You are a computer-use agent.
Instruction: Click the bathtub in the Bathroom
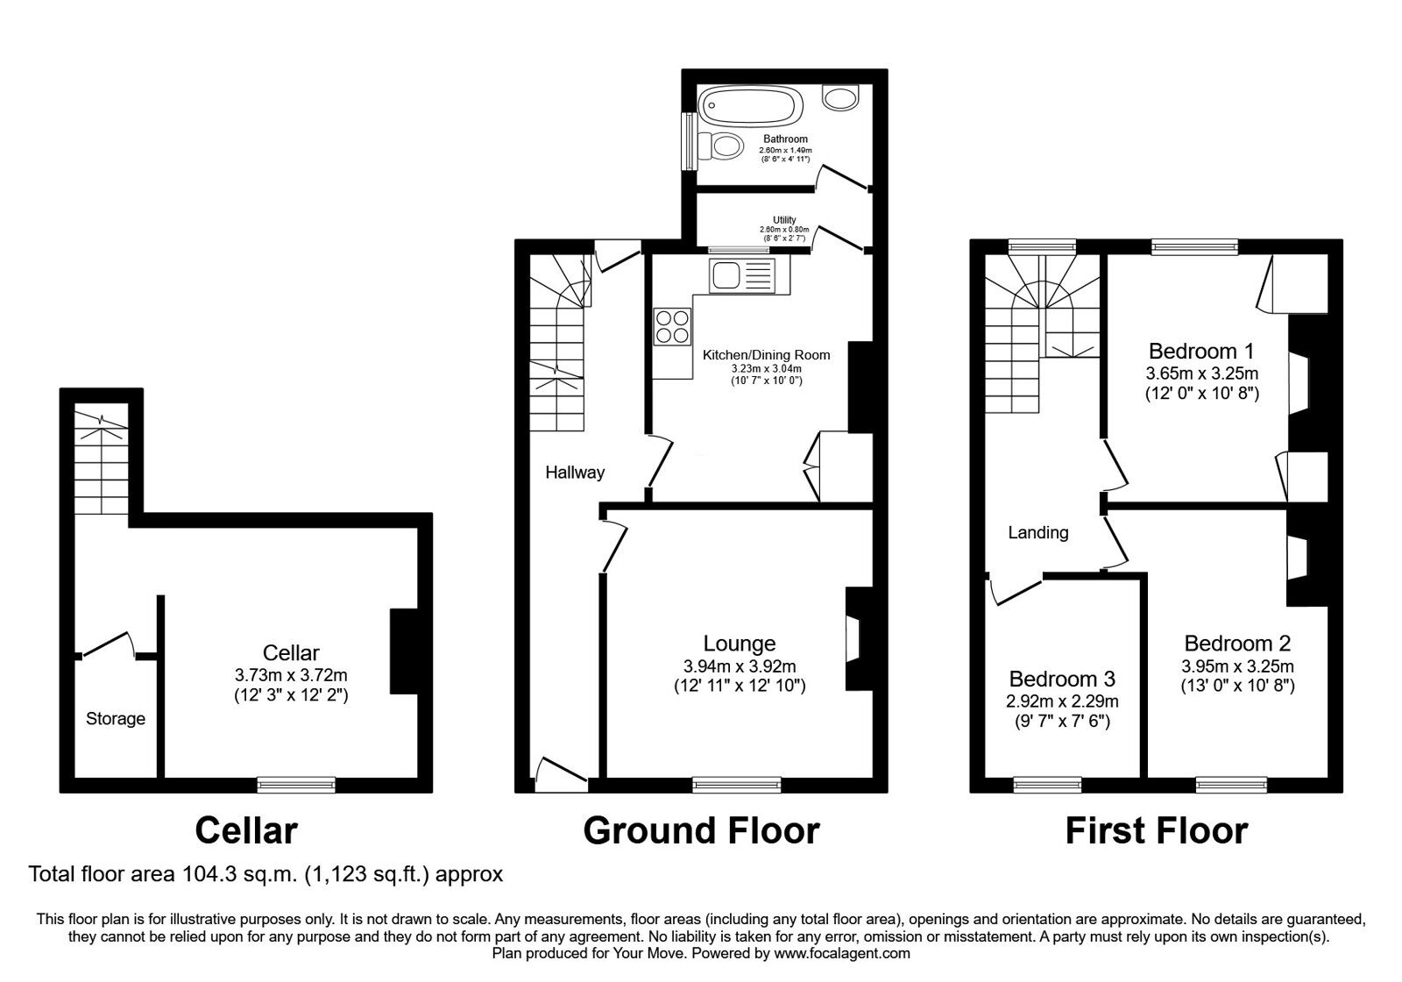750,107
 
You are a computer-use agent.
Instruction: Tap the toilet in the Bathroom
724,146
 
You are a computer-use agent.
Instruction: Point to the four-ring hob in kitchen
673,326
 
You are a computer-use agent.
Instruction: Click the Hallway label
575,473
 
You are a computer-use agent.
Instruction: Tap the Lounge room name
740,644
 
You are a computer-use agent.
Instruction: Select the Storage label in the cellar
116,719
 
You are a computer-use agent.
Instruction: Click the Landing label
1038,532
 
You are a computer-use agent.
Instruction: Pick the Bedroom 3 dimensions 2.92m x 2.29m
1061,701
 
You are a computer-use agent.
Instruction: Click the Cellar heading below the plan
246,829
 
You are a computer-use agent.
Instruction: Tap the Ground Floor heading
701,829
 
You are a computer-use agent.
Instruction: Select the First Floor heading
1156,829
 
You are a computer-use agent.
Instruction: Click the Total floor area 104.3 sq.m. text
266,874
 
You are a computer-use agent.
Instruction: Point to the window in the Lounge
736,785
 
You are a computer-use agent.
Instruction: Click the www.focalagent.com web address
842,953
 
